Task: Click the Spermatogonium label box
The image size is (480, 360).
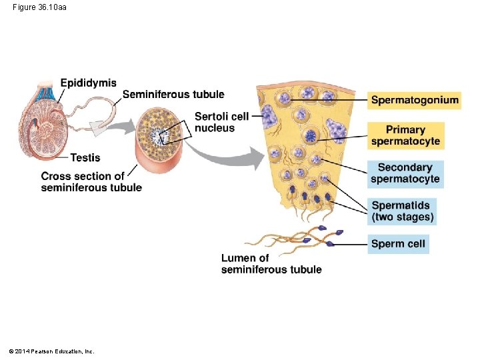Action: (414, 101)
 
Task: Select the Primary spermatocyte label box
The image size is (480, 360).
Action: (405, 135)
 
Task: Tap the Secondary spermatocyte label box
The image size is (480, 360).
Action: (405, 173)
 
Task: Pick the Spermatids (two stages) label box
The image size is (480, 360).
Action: (403, 211)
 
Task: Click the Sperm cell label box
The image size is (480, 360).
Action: (398, 244)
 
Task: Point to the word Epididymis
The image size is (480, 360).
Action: (88, 83)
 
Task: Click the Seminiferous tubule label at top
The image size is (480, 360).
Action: (173, 95)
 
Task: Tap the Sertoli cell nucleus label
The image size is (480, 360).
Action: (221, 122)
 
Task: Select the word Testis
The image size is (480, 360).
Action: (85, 158)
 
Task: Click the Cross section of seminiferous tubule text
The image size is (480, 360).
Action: (91, 181)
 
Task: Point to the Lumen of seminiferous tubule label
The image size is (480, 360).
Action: (271, 264)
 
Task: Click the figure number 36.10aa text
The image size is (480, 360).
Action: (39, 7)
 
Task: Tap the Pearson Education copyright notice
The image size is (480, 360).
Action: (51, 351)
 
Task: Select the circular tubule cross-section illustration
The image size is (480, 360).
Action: (160, 137)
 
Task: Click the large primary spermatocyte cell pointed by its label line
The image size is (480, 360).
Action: (311, 137)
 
